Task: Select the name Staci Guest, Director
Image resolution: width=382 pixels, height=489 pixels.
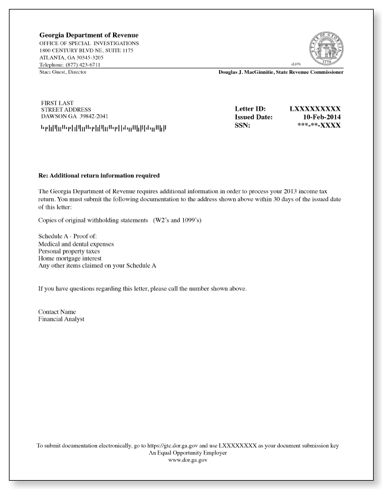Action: [62, 72]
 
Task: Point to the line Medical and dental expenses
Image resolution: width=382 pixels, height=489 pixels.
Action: [76, 244]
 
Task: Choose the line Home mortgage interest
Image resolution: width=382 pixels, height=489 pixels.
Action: [71, 259]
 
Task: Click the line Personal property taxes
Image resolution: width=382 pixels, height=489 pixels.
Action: [71, 252]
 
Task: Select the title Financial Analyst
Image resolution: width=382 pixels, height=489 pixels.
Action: [61, 319]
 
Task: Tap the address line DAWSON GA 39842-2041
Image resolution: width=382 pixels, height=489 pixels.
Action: [73, 116]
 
